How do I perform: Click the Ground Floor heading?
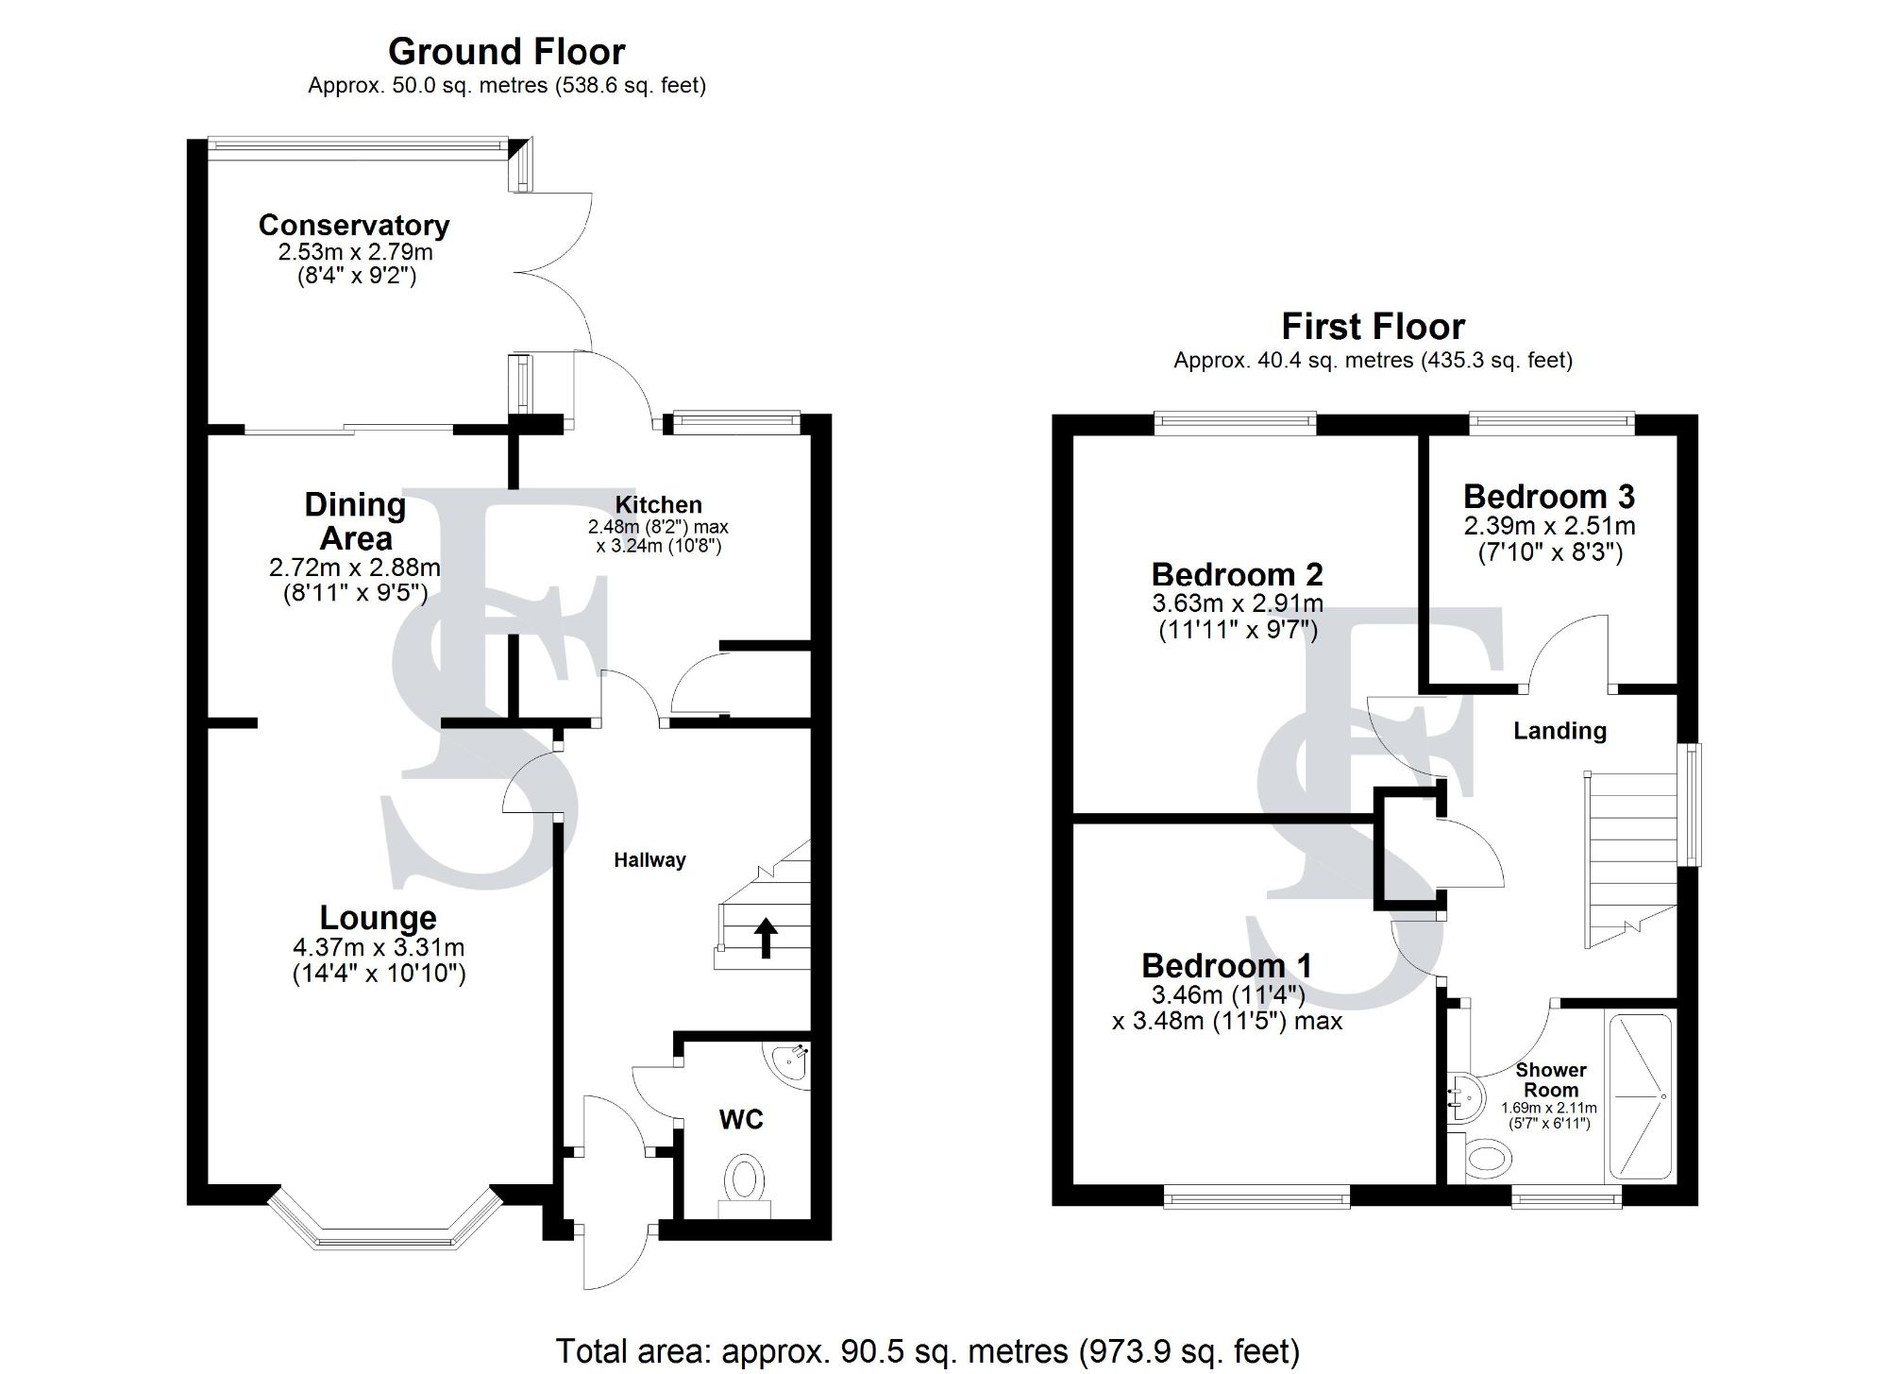(x=506, y=51)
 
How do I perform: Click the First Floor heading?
(x=1373, y=327)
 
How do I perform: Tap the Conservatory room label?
(x=354, y=225)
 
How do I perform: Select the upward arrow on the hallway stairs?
(x=766, y=938)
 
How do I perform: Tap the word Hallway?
(x=649, y=860)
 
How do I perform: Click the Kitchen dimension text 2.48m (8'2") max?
(x=658, y=527)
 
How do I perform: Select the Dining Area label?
(x=355, y=521)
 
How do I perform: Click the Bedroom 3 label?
(x=1549, y=497)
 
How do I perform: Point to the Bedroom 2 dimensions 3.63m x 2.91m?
(x=1237, y=603)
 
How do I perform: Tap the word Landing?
(x=1559, y=731)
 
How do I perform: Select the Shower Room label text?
(x=1550, y=1079)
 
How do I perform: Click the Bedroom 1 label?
(x=1226, y=966)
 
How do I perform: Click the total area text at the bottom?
(x=927, y=1351)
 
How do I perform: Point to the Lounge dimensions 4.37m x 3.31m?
(x=379, y=947)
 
